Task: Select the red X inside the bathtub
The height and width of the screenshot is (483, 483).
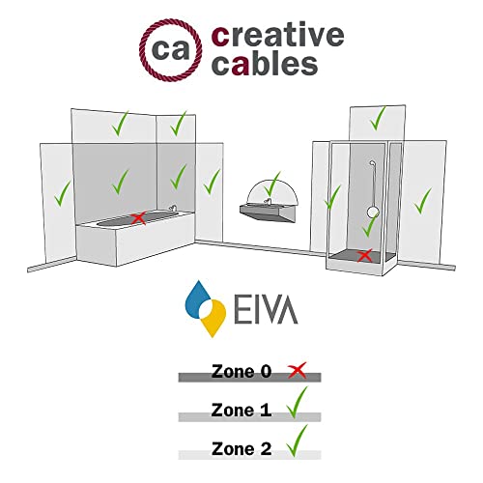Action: [139, 219]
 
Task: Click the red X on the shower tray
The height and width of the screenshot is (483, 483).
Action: [364, 256]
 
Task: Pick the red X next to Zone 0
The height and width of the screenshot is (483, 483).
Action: [298, 369]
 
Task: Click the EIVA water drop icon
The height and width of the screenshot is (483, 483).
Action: [205, 309]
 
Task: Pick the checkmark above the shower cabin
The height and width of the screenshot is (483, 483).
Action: [379, 119]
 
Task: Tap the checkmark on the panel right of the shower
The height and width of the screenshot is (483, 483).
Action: [421, 201]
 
